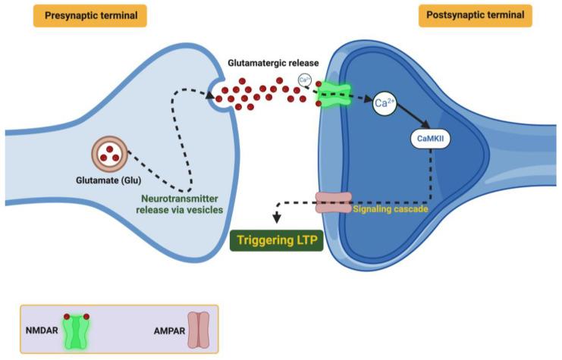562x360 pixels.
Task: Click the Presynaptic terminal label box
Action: pyautogui.click(x=89, y=15)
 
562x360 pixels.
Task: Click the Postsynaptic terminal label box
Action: pyautogui.click(x=475, y=15)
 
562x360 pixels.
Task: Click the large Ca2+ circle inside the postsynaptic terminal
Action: pyautogui.click(x=387, y=105)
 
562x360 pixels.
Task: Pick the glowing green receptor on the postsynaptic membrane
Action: pyautogui.click(x=334, y=95)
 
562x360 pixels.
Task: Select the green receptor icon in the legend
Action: pyautogui.click(x=77, y=330)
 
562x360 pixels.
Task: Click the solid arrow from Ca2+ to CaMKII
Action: pyautogui.click(x=416, y=120)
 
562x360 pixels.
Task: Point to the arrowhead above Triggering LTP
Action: pyautogui.click(x=275, y=218)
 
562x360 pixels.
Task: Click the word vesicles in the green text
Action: pyautogui.click(x=206, y=210)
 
